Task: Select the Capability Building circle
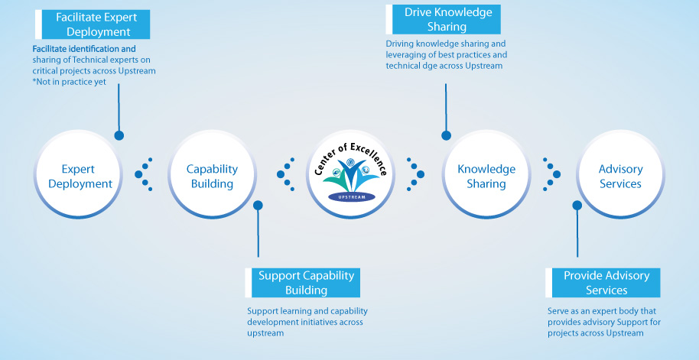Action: click(x=212, y=176)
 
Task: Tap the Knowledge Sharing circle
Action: click(x=486, y=176)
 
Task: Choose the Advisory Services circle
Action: click(x=620, y=176)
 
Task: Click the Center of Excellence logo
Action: click(x=350, y=175)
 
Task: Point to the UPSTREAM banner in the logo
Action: click(x=352, y=196)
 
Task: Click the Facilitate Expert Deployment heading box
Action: click(x=93, y=24)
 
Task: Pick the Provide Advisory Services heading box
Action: click(x=606, y=283)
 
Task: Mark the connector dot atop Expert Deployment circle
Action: click(x=119, y=135)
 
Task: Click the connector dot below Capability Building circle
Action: click(x=258, y=205)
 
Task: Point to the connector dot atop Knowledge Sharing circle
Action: click(x=446, y=135)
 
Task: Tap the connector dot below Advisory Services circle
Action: click(x=576, y=205)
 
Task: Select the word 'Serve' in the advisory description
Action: click(x=559, y=311)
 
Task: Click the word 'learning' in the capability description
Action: click(x=291, y=311)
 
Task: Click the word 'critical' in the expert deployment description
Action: click(x=47, y=71)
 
